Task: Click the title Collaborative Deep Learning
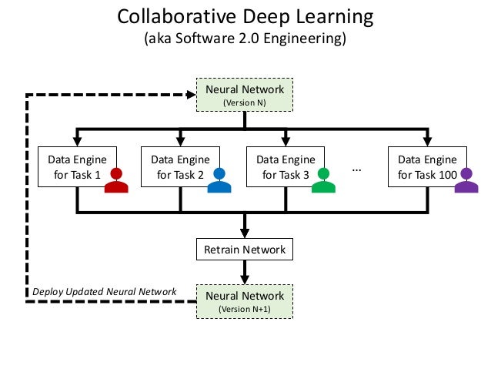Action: point(245,16)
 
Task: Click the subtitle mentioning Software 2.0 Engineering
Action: point(245,39)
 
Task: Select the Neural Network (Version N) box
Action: point(245,95)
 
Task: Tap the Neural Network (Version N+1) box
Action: point(245,301)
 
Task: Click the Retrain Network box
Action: point(245,250)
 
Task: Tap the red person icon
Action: point(116,180)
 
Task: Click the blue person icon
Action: point(219,180)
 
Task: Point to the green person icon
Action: point(324,180)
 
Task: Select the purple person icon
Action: point(466,180)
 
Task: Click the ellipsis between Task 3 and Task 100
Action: point(356,169)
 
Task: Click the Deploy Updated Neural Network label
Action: point(104,292)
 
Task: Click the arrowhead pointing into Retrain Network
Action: point(245,233)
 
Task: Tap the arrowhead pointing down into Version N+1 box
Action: point(245,280)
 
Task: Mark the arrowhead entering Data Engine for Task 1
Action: point(76,141)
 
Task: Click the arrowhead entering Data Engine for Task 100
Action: point(427,141)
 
